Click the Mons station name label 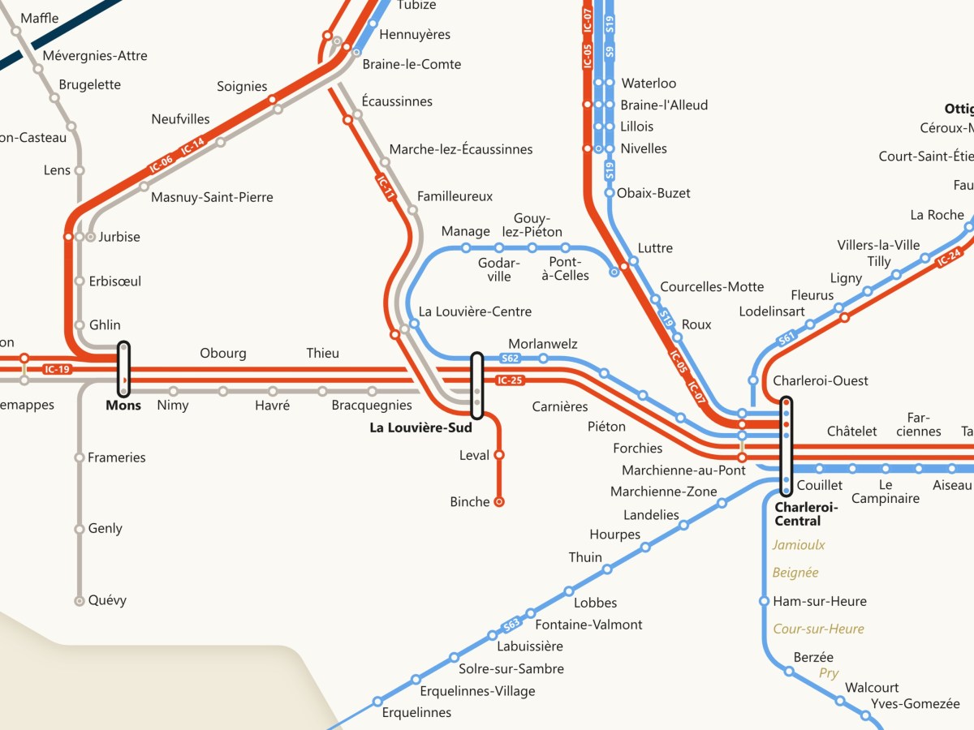pyautogui.click(x=123, y=405)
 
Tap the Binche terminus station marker pyautogui.click(x=499, y=502)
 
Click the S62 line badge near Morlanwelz pyautogui.click(x=510, y=358)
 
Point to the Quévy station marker pyautogui.click(x=80, y=601)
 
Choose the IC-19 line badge pyautogui.click(x=58, y=370)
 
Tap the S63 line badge pyautogui.click(x=511, y=625)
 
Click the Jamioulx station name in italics pyautogui.click(x=799, y=545)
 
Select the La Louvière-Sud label pyautogui.click(x=420, y=428)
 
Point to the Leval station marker pyautogui.click(x=499, y=455)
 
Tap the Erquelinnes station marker pyautogui.click(x=377, y=701)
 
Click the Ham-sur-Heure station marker pyautogui.click(x=764, y=601)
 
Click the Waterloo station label pyautogui.click(x=649, y=84)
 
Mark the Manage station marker pyautogui.click(x=466, y=247)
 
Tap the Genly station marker pyautogui.click(x=80, y=529)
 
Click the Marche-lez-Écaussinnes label pyautogui.click(x=461, y=149)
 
